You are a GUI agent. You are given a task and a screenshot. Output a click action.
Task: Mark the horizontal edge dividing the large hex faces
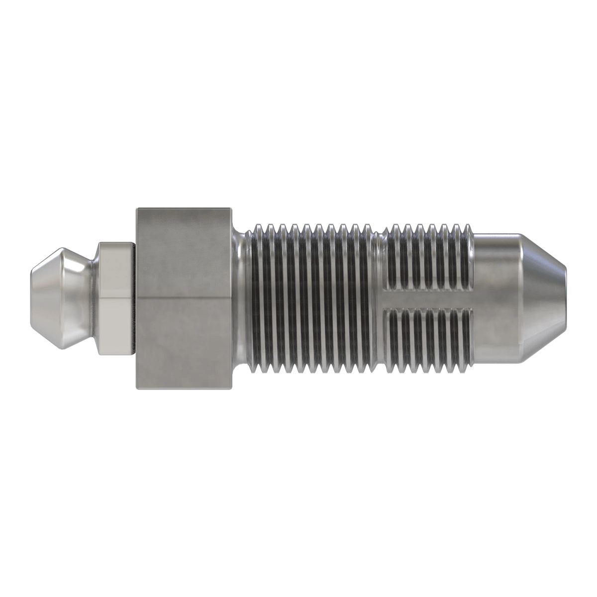click(183, 298)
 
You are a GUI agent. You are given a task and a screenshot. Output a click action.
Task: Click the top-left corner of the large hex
click(137, 208)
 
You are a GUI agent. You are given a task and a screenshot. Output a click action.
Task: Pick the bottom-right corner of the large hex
click(231, 388)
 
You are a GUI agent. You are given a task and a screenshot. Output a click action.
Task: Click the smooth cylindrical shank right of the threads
click(497, 298)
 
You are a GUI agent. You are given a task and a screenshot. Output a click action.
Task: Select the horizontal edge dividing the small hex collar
click(116, 298)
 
